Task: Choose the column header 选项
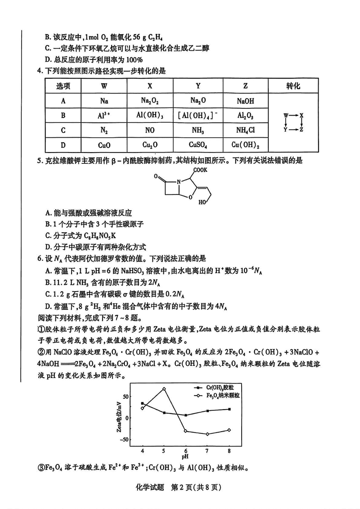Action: (63, 86)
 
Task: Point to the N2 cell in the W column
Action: (104, 131)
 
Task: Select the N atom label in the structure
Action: (178, 183)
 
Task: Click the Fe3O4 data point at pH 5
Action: (164, 388)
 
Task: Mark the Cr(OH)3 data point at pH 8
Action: (229, 409)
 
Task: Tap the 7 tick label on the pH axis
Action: (207, 450)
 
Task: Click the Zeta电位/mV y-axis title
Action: (119, 415)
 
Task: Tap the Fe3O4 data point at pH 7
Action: (207, 434)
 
